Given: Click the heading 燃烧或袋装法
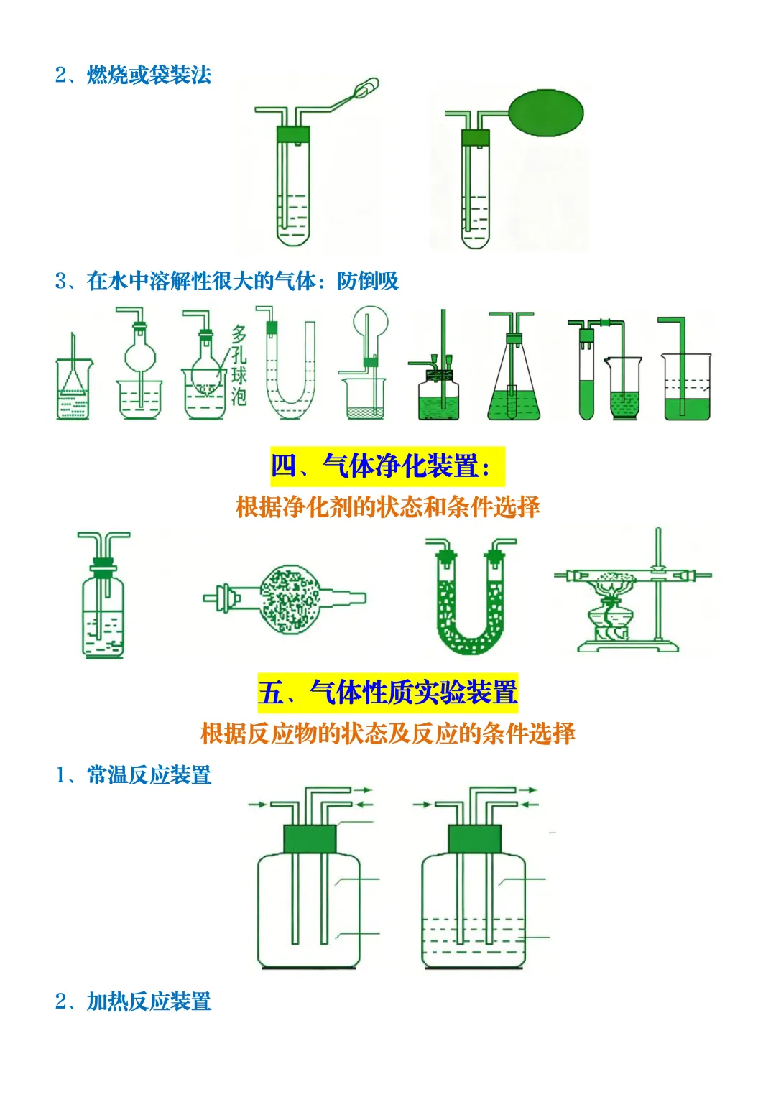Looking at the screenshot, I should point(149,75).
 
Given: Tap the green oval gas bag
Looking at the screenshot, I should point(545,113).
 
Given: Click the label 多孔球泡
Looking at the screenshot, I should point(239,365).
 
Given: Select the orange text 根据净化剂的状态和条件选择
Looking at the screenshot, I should point(387,507).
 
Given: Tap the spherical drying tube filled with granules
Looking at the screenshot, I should point(290,599).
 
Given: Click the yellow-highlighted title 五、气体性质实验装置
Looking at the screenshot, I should point(387,693).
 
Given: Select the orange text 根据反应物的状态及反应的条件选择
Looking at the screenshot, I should point(387,733).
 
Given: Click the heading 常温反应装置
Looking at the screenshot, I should point(149,775).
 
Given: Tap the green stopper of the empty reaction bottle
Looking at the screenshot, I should point(310,838).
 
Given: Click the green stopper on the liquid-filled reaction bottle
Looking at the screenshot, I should point(474,838).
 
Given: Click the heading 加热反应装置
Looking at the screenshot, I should point(149,1001).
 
